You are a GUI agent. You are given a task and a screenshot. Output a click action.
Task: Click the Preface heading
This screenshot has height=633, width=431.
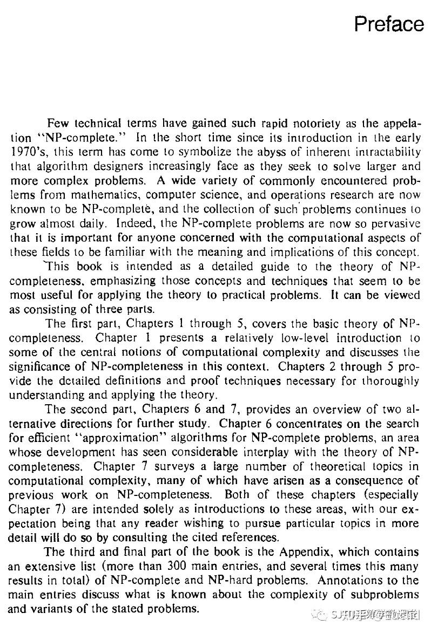point(388,24)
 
